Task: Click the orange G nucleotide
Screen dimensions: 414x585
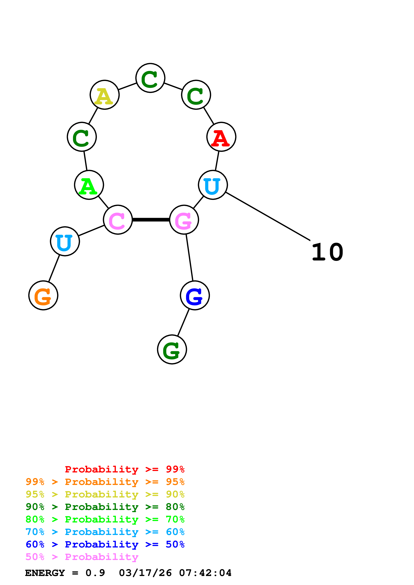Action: pyautogui.click(x=43, y=296)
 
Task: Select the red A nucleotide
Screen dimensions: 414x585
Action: pyautogui.click(x=221, y=137)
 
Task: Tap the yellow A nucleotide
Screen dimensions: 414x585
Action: pyautogui.click(x=105, y=95)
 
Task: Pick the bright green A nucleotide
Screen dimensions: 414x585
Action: pyautogui.click(x=89, y=185)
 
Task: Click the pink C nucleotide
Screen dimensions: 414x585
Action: pyautogui.click(x=118, y=220)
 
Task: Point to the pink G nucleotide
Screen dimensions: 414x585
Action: pyautogui.click(x=184, y=220)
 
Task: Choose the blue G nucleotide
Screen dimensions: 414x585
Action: pyautogui.click(x=195, y=296)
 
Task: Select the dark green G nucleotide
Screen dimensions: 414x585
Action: pyautogui.click(x=172, y=349)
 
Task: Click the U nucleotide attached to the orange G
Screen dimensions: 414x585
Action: pyautogui.click(x=65, y=241)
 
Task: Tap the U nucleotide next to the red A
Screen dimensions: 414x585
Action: pyautogui.click(x=213, y=185)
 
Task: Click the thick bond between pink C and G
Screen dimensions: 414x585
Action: pyautogui.click(x=151, y=220)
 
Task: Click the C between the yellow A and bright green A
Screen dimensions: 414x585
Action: pyautogui.click(x=82, y=137)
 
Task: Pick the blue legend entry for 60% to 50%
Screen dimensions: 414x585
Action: pyautogui.click(x=105, y=544)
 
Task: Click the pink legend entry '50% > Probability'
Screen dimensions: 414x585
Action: pyautogui.click(x=82, y=557)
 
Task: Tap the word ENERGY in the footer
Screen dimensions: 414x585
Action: pyautogui.click(x=45, y=573)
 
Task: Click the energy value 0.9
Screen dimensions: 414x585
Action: pyautogui.click(x=95, y=573)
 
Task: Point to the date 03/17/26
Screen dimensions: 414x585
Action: pyautogui.click(x=145, y=573)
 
